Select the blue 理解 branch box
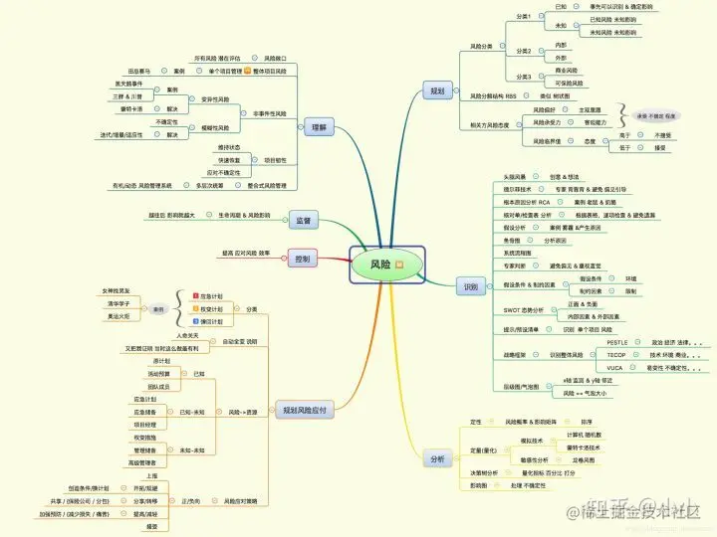click(x=320, y=128)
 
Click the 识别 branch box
click(x=470, y=286)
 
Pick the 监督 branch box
click(x=303, y=221)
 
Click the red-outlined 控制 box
click(x=303, y=260)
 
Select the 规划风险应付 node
click(x=305, y=410)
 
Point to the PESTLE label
click(x=617, y=341)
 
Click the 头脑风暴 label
click(x=513, y=176)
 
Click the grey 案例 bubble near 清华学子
click(x=158, y=310)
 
